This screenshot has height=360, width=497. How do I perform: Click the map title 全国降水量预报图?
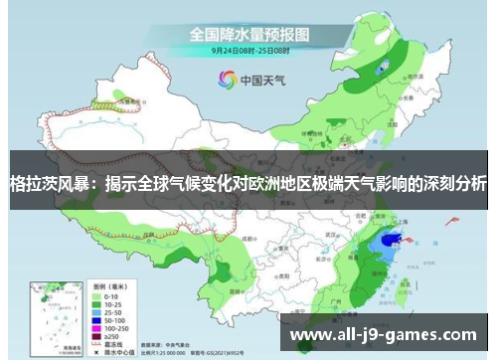pos(248,34)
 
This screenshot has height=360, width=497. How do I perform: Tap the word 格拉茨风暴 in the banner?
pos(38,185)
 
